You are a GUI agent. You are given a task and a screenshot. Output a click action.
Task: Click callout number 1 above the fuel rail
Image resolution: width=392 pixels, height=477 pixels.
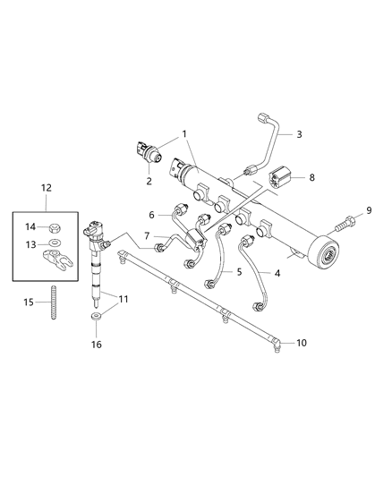coord(184,134)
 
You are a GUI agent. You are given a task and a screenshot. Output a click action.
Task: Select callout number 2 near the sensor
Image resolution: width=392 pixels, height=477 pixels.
coord(149,180)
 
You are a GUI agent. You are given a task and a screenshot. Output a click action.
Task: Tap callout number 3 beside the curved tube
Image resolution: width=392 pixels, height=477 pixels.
coord(299,134)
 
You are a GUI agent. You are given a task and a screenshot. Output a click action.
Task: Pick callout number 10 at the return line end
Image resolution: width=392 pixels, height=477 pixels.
coord(301,342)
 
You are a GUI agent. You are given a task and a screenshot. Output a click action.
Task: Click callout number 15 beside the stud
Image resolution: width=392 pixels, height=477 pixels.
coord(29,303)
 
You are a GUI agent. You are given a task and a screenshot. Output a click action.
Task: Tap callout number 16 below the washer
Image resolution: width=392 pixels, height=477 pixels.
coord(96,344)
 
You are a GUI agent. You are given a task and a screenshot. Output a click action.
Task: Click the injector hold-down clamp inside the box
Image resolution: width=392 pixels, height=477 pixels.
coord(56,262)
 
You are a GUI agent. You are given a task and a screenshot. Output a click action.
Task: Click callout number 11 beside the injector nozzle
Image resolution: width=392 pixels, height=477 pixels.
coord(124,298)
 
